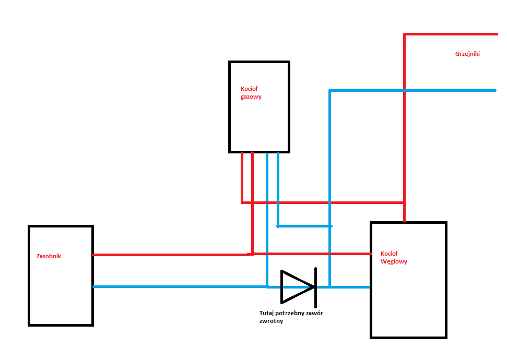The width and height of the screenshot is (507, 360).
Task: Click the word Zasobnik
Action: coord(49,256)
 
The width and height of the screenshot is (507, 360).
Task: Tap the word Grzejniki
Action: coord(467,54)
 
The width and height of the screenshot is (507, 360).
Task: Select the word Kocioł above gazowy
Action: coord(249,89)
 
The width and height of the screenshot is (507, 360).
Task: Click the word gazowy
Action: coord(251,97)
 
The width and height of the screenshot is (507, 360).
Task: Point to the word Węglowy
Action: coord(394,262)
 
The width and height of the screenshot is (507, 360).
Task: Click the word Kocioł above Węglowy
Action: coord(389,254)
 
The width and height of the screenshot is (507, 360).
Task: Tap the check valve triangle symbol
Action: coord(297,286)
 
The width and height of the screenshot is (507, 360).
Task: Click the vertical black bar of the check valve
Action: coord(315,287)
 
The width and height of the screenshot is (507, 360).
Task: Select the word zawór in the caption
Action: coord(315,313)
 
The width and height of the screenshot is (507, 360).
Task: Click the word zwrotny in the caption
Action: coord(271,321)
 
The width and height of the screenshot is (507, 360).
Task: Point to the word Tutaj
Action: coord(266,313)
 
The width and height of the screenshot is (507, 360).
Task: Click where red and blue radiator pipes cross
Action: coord(404,90)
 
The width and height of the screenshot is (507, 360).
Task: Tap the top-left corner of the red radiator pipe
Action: coord(404,34)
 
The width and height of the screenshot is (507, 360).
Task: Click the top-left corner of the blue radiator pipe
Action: coord(329,90)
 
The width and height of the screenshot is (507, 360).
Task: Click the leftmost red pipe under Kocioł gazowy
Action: coord(242,177)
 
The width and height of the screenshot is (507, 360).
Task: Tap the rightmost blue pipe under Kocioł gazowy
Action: coord(278,189)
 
